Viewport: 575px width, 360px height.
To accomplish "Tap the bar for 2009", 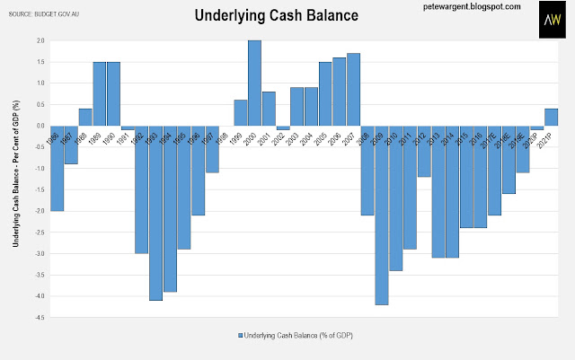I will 381,215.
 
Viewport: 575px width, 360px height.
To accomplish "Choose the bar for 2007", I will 353,90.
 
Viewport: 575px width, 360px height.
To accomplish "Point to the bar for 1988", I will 85,117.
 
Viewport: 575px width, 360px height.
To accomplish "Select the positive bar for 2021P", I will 550,117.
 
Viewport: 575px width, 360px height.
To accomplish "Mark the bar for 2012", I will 423,151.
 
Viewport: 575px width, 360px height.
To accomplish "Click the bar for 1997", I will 212,149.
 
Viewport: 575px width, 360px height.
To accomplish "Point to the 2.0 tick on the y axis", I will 40,40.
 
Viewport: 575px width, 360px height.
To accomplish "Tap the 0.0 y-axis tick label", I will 40,126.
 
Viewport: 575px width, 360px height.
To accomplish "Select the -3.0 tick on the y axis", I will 40,254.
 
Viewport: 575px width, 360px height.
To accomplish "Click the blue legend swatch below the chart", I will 240,336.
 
